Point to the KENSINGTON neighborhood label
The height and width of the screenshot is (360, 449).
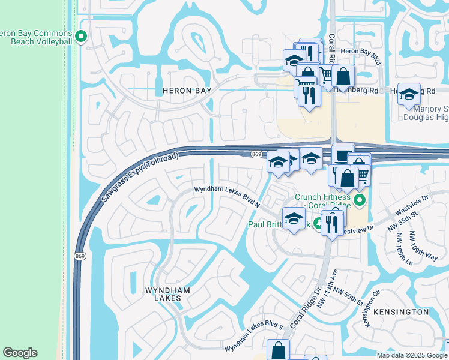click(401, 312)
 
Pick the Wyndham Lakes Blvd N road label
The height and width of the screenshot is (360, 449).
click(226, 197)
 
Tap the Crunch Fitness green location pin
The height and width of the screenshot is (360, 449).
click(360, 200)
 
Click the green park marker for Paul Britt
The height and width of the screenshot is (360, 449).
click(316, 224)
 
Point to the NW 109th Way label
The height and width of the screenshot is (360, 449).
click(424, 245)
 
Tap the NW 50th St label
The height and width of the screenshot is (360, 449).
click(349, 295)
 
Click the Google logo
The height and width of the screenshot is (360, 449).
click(20, 353)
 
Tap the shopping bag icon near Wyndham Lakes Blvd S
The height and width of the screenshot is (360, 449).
click(278, 350)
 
